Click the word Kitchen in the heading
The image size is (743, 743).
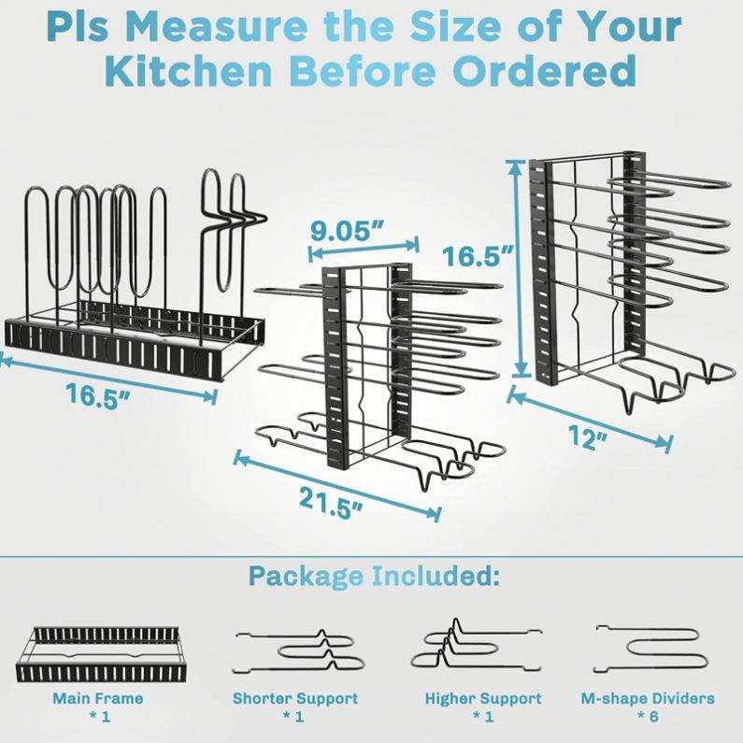(190, 71)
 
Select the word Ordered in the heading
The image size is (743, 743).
(544, 71)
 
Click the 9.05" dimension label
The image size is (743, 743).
(347, 230)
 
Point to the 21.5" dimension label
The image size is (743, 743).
(331, 503)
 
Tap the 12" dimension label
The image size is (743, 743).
(588, 436)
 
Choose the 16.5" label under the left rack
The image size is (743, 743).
(98, 394)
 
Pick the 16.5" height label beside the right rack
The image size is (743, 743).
(478, 256)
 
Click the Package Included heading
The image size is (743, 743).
(374, 576)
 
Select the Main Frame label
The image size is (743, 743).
(97, 698)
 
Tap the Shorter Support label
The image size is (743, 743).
(295, 698)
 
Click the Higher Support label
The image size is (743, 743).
(483, 698)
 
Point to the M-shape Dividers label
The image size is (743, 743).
(648, 698)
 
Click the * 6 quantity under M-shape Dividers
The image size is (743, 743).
(649, 716)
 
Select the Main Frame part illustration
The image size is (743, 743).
(98, 654)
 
